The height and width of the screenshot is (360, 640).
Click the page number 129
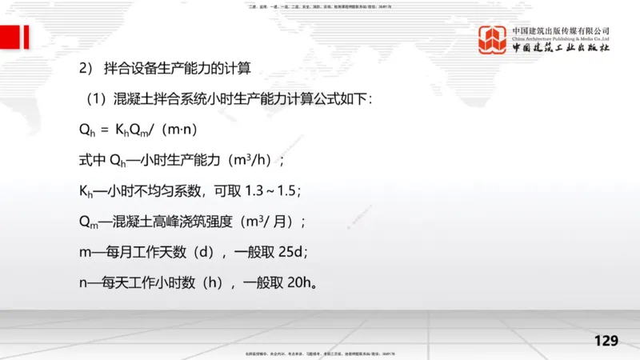point(606,341)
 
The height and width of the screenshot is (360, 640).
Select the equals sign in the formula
point(104,129)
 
